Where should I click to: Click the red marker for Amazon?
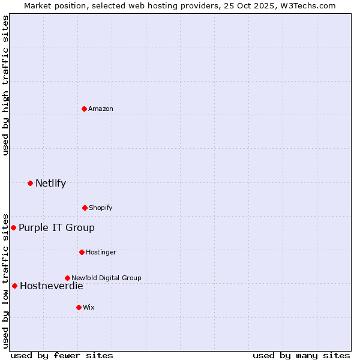coord(85,109)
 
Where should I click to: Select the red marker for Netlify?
coord(30,183)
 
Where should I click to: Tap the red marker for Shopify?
coord(85,208)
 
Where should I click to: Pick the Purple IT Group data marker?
coord(13,227)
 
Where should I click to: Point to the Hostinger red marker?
coord(82,252)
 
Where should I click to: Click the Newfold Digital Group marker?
coord(67,278)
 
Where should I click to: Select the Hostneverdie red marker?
coord(14,286)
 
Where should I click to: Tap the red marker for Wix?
coord(79,307)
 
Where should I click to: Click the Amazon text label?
coord(101,109)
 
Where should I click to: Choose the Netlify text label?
coord(50,183)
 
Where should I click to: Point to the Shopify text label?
coord(101,208)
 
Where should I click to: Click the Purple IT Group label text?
coord(56,227)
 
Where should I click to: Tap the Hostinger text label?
coord(101,252)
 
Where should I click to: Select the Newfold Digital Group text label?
coord(106,278)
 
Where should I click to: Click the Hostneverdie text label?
coord(51,286)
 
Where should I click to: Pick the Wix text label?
coord(89,307)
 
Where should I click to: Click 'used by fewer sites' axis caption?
coord(62,355)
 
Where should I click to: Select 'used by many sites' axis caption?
coord(301,355)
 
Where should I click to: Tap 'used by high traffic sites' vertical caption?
coord(5,85)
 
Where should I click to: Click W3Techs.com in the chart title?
coord(308,5)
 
